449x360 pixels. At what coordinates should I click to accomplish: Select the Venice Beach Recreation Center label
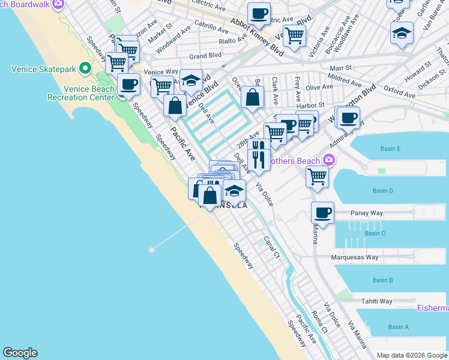pyautogui.click(x=80, y=93)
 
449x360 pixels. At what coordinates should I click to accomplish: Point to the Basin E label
pyautogui.click(x=390, y=148)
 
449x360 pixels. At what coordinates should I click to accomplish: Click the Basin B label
pyautogui.click(x=382, y=280)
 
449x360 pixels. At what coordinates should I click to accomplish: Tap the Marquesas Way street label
pyautogui.click(x=356, y=257)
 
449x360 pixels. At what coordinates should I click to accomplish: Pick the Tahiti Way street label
pyautogui.click(x=376, y=301)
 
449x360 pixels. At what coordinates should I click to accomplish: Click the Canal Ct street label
pyautogui.click(x=272, y=247)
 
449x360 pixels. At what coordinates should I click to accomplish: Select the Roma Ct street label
pyautogui.click(x=320, y=322)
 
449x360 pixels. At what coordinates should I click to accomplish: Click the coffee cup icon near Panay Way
pyautogui.click(x=323, y=212)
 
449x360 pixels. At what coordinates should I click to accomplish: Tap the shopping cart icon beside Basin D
pyautogui.click(x=317, y=176)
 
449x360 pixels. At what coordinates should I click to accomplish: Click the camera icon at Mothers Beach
pyautogui.click(x=328, y=160)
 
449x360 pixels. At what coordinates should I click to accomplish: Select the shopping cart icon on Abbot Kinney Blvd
pyautogui.click(x=294, y=35)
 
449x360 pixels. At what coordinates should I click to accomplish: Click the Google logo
pyautogui.click(x=20, y=353)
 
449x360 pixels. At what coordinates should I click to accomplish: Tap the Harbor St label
pyautogui.click(x=312, y=105)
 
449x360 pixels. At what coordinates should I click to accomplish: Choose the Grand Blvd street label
pyautogui.click(x=202, y=56)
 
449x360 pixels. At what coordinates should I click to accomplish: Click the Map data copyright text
pyautogui.click(x=412, y=355)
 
